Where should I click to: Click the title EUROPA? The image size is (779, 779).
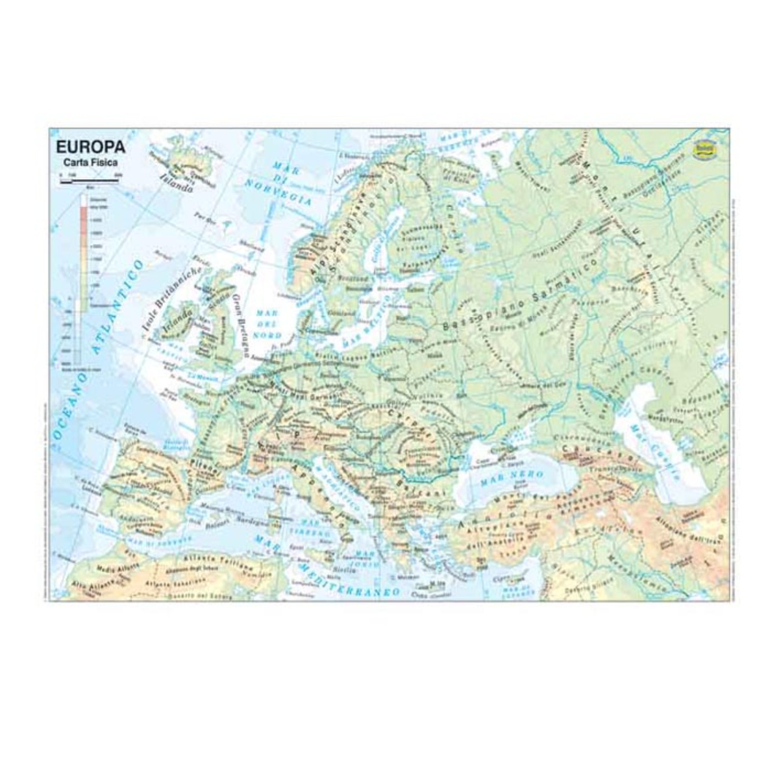pos(91,147)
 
